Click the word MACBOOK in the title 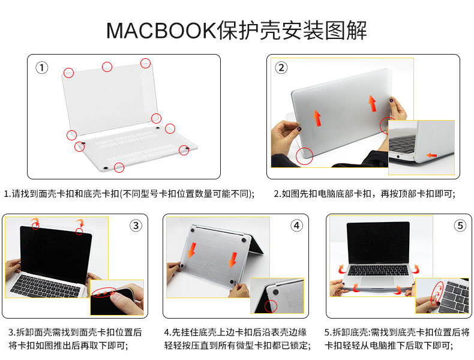click(161, 31)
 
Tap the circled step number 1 click(41, 68)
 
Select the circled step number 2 click(281, 68)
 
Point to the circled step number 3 click(136, 226)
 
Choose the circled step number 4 click(297, 226)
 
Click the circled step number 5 click(460, 226)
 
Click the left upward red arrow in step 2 click(317, 116)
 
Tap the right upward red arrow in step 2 click(372, 103)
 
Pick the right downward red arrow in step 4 click(232, 259)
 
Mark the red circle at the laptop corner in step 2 click(305, 156)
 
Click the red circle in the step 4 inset click(272, 305)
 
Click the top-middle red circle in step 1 click(107, 67)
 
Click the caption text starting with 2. click(364, 194)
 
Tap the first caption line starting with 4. click(237, 332)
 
